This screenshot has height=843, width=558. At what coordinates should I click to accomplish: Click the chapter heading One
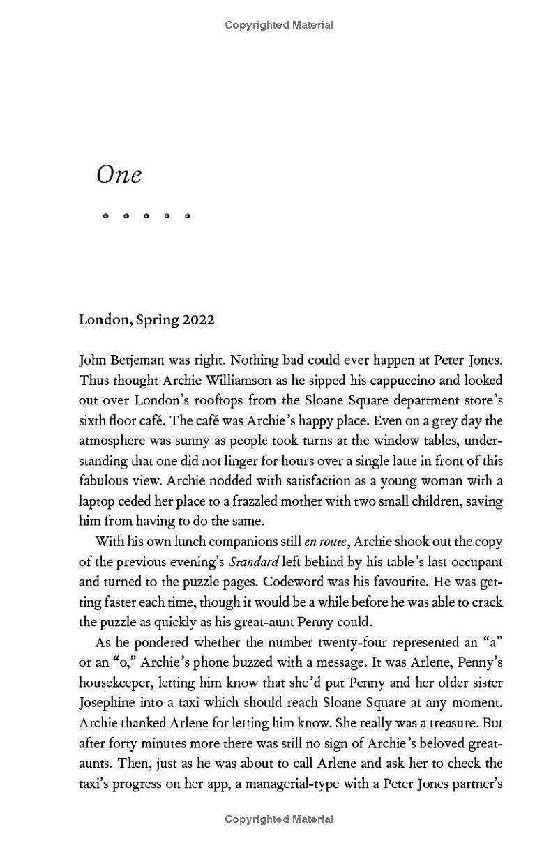pyautogui.click(x=119, y=174)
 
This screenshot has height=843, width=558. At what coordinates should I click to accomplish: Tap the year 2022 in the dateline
pyautogui.click(x=198, y=320)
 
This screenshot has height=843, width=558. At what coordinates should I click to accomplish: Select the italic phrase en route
pyautogui.click(x=325, y=542)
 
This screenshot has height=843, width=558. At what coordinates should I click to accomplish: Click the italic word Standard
pyautogui.click(x=254, y=562)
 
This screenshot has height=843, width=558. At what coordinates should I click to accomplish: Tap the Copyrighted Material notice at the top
pyautogui.click(x=279, y=25)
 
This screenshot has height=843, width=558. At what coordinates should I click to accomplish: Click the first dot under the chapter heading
pyautogui.click(x=105, y=216)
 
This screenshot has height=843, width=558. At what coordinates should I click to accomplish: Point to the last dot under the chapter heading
pyautogui.click(x=187, y=216)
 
